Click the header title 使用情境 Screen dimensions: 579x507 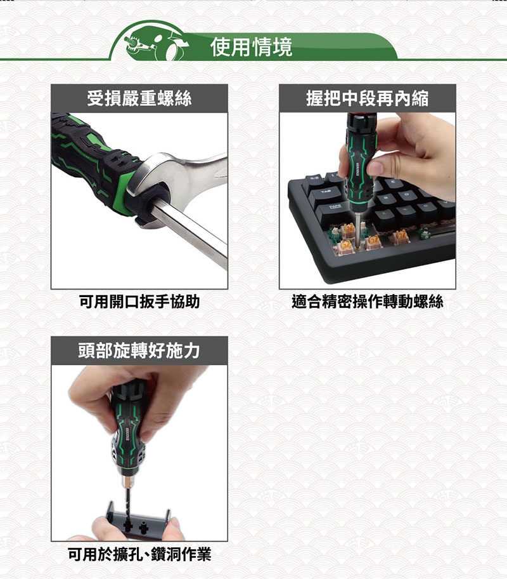252,46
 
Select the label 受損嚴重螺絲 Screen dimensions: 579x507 139,98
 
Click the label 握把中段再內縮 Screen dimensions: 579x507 367,98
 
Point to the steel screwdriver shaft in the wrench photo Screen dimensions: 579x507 190,235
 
